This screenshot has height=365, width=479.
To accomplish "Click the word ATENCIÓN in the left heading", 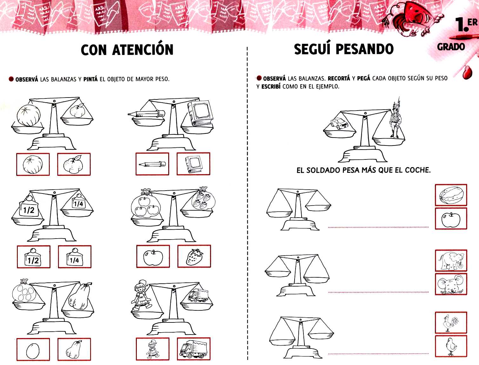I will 143,50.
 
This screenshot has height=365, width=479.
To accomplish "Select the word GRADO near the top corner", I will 451,47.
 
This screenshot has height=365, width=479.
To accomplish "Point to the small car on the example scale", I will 339,123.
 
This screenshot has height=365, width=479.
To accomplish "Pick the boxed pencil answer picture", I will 152,164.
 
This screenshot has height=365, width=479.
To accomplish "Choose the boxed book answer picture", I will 193,164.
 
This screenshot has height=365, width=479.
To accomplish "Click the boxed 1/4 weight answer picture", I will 75,257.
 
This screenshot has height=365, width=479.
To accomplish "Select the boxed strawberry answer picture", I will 194,256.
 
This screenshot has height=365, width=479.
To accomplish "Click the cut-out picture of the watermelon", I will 451,195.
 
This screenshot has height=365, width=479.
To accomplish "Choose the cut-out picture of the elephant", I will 451,260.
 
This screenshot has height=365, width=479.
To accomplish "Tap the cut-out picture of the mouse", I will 451,284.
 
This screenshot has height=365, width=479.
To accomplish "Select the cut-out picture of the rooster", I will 451,322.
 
